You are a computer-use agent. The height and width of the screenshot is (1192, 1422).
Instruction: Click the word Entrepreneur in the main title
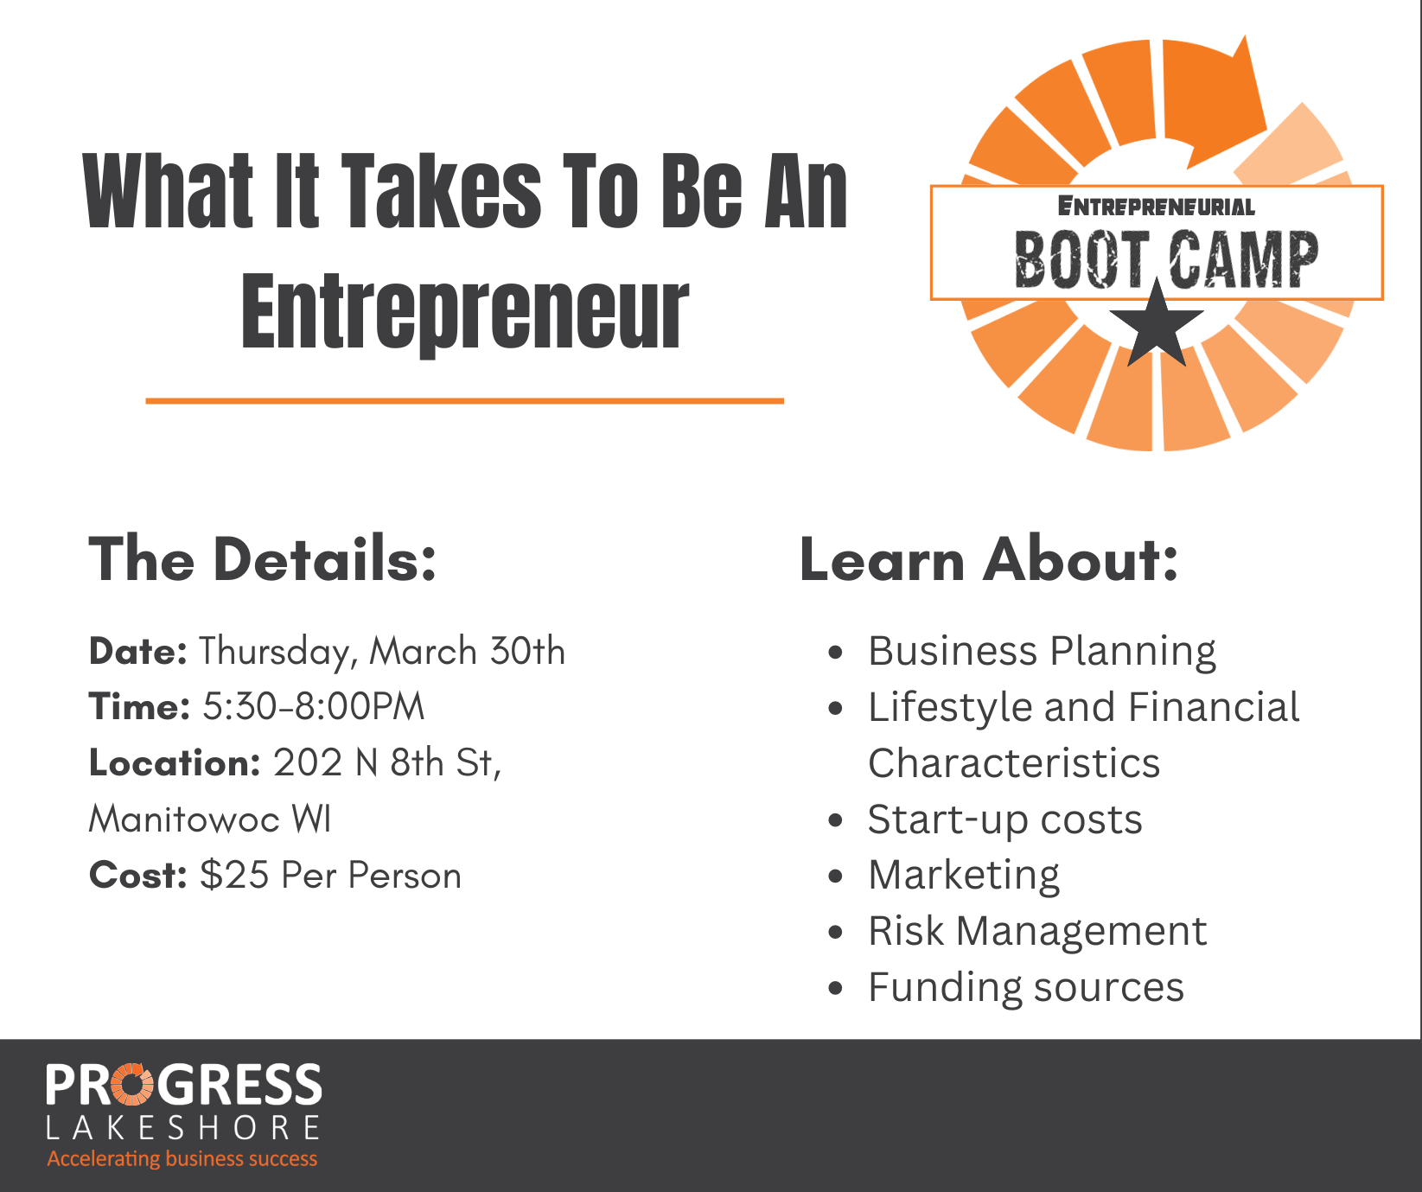[x=465, y=313]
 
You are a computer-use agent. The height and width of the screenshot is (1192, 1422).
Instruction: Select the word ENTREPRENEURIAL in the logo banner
[x=1157, y=207]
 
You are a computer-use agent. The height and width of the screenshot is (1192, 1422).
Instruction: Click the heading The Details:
[x=263, y=559]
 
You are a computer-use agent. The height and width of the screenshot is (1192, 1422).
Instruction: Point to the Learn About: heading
[x=989, y=559]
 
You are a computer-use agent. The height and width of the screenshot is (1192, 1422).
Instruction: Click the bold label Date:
[x=138, y=651]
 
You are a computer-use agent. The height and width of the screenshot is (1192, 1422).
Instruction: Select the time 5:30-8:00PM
[x=314, y=707]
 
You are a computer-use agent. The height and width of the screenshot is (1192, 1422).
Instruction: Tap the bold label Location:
[x=175, y=763]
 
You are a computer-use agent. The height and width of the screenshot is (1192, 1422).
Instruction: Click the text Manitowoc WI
[x=210, y=819]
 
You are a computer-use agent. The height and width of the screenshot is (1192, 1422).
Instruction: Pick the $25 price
[x=234, y=875]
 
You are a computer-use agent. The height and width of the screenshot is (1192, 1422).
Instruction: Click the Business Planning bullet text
[x=1042, y=652]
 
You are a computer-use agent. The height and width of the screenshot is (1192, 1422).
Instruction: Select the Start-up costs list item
[x=1004, y=820]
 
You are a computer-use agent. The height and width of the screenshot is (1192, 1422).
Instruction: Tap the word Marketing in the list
[x=964, y=876]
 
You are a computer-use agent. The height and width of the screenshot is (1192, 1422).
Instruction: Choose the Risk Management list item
[x=1037, y=931]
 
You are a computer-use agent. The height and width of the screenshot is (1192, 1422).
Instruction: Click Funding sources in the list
[x=1026, y=987]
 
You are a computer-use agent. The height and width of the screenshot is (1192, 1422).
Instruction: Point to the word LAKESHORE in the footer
[x=182, y=1128]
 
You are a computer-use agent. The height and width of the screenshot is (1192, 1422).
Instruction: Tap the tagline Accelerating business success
[x=182, y=1159]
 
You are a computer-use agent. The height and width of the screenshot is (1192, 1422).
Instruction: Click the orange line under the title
[x=465, y=401]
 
